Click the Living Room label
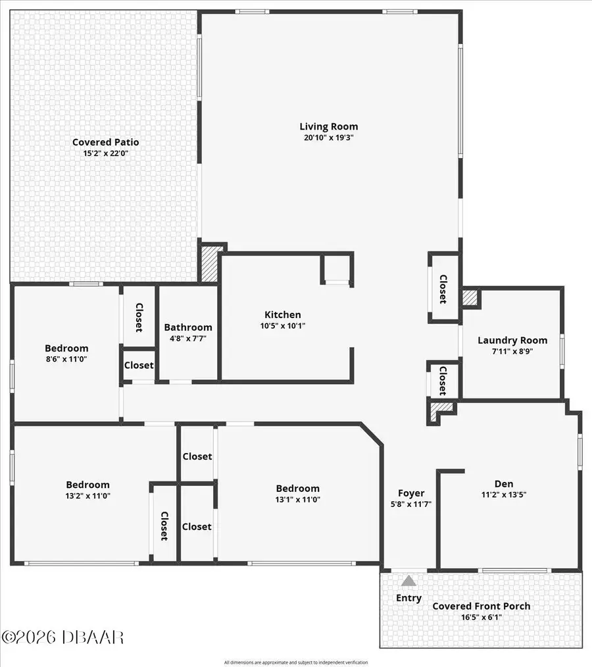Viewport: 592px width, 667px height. tap(329, 126)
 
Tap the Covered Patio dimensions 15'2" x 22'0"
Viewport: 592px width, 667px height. tap(105, 153)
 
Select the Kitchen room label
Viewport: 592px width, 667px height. tap(283, 315)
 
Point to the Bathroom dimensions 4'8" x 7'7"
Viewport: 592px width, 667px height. tap(188, 339)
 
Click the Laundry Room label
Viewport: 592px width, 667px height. tap(512, 340)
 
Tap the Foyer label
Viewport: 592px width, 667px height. tap(411, 493)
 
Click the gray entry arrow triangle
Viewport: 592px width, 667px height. tap(409, 581)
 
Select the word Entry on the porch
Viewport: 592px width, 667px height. tap(408, 598)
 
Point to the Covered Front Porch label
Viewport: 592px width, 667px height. tap(481, 606)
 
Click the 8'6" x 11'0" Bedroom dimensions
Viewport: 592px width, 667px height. tap(66, 360)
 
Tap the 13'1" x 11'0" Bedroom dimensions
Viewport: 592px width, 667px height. tap(297, 500)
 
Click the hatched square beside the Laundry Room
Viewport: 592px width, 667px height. tap(470, 298)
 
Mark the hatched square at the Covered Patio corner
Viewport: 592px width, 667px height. tap(209, 264)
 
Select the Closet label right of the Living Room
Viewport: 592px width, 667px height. tap(443, 289)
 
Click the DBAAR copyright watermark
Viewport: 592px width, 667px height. tap(62, 637)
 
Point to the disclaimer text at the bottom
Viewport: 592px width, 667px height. tap(295, 662)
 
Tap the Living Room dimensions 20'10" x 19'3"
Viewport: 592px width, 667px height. tap(329, 138)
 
